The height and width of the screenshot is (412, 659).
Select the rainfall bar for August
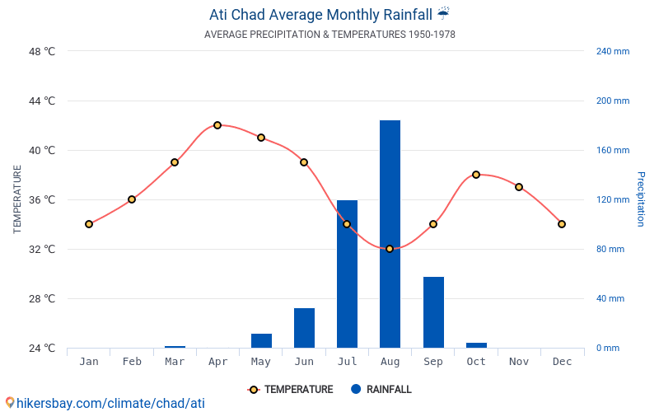[x=390, y=234]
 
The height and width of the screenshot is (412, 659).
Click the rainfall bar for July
[x=347, y=274]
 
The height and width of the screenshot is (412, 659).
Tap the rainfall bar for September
[x=433, y=312]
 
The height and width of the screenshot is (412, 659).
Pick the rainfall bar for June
[x=304, y=328]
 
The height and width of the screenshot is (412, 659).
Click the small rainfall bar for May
[x=261, y=340]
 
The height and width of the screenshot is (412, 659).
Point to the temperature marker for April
[x=217, y=125]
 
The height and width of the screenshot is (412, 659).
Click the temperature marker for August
[x=390, y=249]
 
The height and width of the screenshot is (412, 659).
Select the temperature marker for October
[x=476, y=175]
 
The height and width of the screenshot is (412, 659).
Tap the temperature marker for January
[x=89, y=224]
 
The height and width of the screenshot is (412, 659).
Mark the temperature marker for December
[x=562, y=224]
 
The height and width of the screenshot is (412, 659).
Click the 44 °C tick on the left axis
[x=41, y=101]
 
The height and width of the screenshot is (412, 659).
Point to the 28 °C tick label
[x=41, y=298]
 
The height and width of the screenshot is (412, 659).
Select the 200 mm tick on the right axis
[x=612, y=101]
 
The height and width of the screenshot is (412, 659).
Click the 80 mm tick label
[x=610, y=249]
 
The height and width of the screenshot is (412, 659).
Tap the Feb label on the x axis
[x=132, y=362]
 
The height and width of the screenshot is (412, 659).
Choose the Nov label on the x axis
[x=519, y=362]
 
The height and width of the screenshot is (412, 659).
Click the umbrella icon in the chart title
[x=443, y=14]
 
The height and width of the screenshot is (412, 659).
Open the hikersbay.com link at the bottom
[x=105, y=403]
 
